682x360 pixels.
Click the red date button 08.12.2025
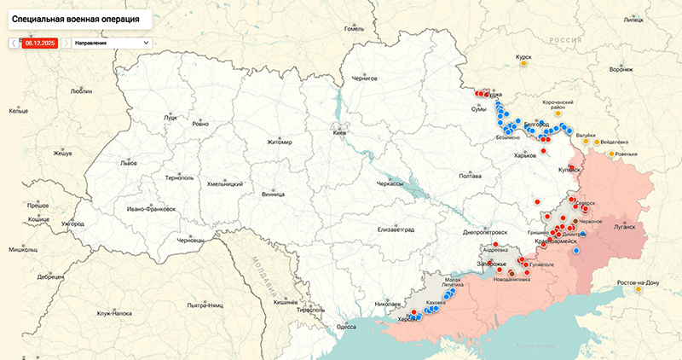(x=39, y=42)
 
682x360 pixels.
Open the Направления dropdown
(x=111, y=42)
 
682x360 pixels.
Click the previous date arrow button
(x=13, y=42)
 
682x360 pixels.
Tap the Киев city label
(x=339, y=134)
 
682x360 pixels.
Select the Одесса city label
(x=346, y=326)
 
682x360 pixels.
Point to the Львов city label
(x=129, y=162)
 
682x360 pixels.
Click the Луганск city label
(x=625, y=228)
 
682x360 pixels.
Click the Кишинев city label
(x=285, y=302)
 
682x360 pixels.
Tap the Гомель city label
(x=354, y=28)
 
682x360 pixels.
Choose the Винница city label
(x=273, y=195)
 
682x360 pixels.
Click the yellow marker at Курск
(x=523, y=63)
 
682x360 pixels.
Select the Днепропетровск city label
(x=484, y=231)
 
